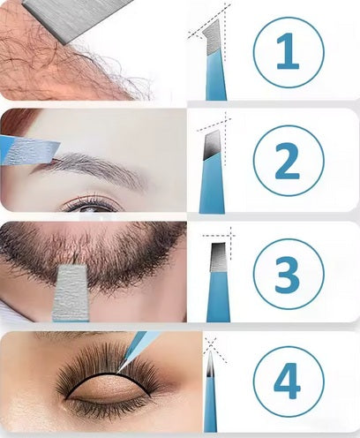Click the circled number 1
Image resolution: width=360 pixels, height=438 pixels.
289,52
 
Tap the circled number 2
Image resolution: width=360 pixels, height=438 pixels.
289,162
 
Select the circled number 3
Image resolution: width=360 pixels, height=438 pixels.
289,274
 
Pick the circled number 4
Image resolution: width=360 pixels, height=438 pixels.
289,381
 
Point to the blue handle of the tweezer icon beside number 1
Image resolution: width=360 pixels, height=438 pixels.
216,77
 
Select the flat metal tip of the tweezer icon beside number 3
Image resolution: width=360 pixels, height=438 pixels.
217,257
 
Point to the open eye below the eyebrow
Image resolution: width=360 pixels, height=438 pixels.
91,205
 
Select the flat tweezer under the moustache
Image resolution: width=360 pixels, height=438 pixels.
71,293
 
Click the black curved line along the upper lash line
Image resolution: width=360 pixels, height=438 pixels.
109,374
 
